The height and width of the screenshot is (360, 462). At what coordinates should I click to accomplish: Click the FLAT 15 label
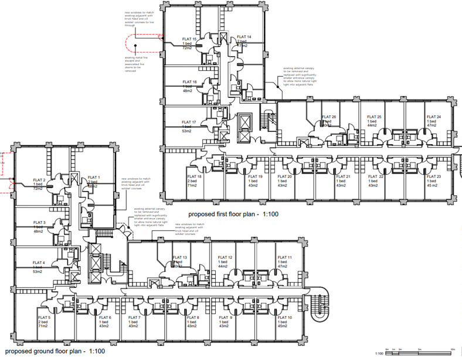(x=190, y=39)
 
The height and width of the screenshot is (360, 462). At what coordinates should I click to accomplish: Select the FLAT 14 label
(x=244, y=36)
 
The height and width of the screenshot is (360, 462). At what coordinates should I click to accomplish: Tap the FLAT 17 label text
(x=189, y=122)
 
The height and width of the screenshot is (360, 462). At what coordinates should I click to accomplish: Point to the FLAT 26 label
(x=329, y=116)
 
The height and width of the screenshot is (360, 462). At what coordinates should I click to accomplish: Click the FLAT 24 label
(x=433, y=117)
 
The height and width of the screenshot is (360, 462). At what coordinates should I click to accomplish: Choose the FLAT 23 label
(x=433, y=176)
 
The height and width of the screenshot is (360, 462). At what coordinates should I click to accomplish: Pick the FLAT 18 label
(x=195, y=176)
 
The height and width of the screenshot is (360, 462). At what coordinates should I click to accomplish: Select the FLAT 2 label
(x=40, y=180)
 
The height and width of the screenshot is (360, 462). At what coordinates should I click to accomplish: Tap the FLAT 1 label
(x=94, y=177)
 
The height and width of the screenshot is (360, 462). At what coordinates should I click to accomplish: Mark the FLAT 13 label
(x=181, y=257)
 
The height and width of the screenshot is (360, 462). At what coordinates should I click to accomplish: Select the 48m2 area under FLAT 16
(x=188, y=91)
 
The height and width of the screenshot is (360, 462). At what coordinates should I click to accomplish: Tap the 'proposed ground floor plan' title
(x=53, y=350)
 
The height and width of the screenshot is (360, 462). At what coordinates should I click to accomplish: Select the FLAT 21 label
(x=342, y=176)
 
